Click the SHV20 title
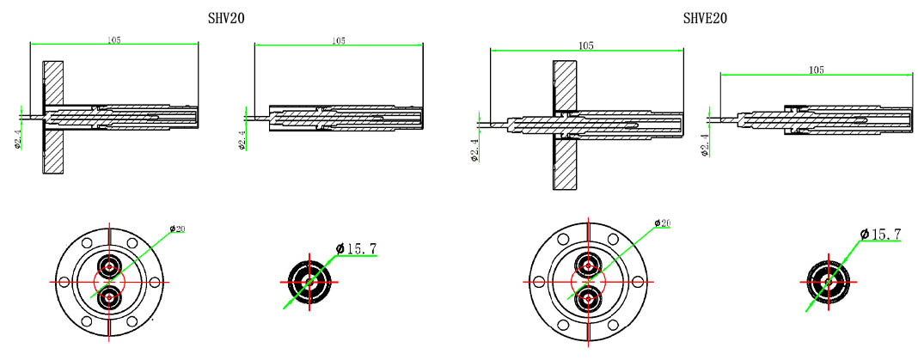(226, 18)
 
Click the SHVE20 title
(705, 18)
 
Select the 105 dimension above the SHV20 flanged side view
(114, 40)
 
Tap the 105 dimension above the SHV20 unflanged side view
(339, 40)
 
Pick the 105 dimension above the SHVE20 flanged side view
(587, 46)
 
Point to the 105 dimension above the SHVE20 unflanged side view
(817, 70)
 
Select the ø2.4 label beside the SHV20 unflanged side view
(242, 138)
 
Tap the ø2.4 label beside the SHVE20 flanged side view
(474, 149)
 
